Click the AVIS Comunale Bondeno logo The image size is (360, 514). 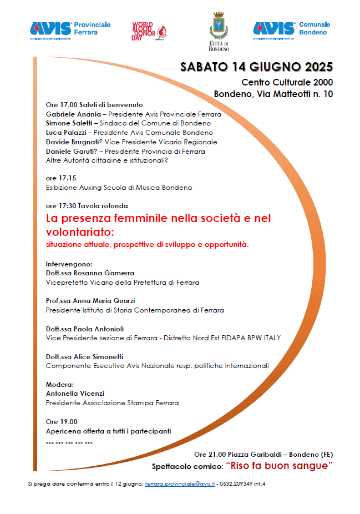(x=292, y=28)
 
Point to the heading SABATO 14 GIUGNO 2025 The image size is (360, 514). (x=256, y=67)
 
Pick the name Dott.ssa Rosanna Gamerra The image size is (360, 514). (x=90, y=273)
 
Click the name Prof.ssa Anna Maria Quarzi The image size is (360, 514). (x=90, y=301)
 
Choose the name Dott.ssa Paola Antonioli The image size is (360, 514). (x=85, y=329)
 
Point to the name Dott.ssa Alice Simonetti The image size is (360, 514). (x=84, y=356)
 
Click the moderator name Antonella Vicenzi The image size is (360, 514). (x=75, y=394)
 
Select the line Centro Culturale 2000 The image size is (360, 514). (x=287, y=83)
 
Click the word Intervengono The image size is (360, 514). (x=69, y=264)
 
